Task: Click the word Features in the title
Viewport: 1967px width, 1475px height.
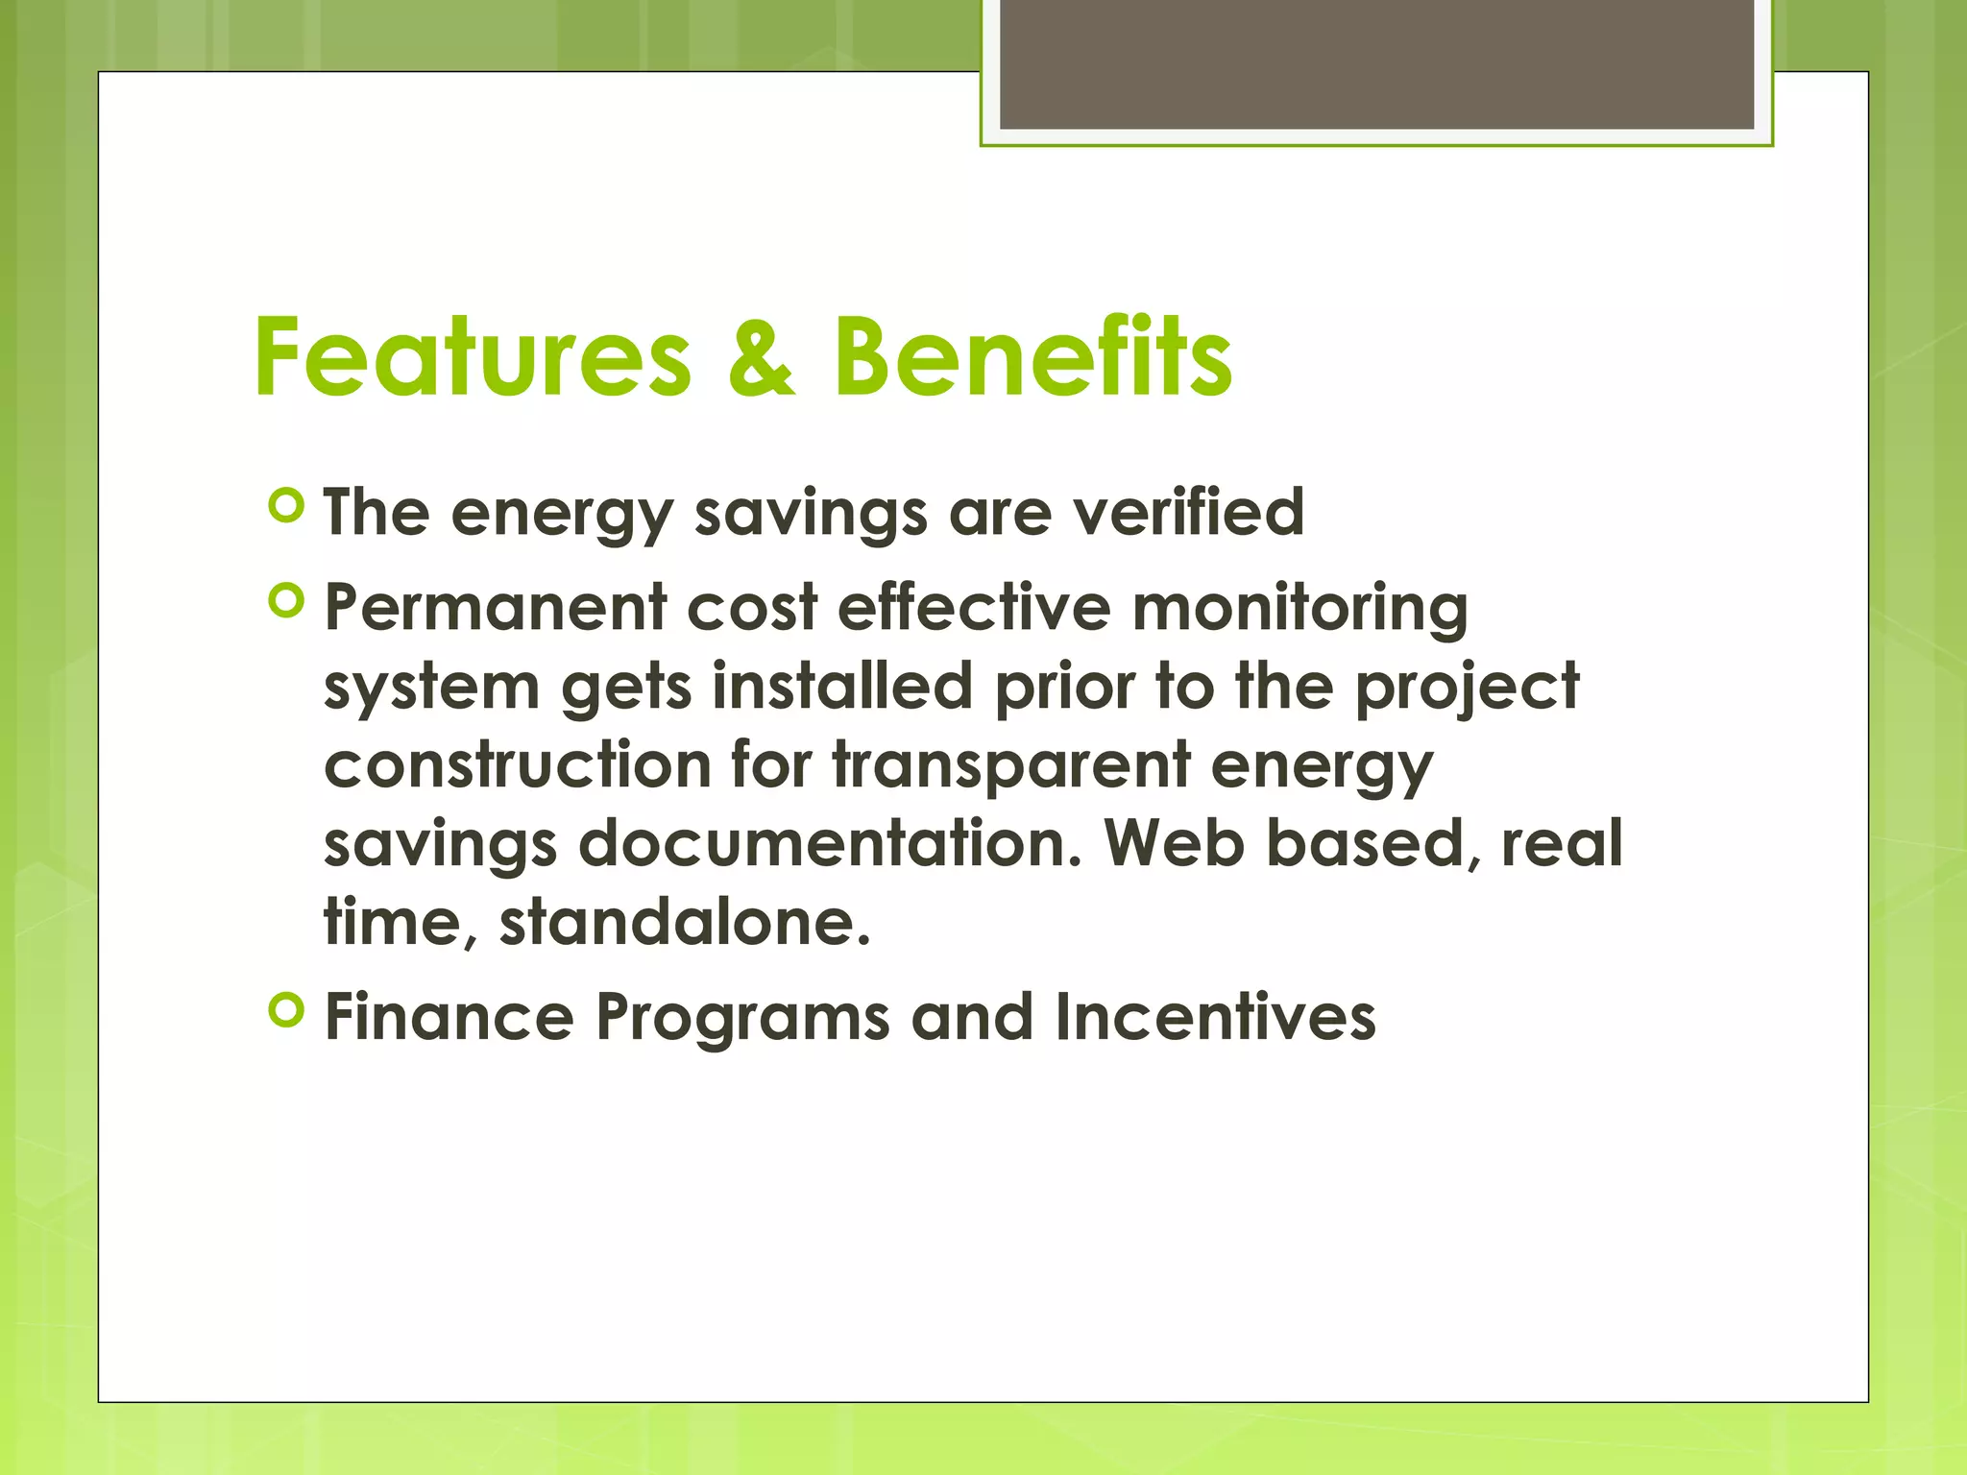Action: coord(472,357)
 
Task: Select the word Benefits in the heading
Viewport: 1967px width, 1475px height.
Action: coord(1032,357)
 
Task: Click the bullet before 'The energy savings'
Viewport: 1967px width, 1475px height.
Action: coord(287,505)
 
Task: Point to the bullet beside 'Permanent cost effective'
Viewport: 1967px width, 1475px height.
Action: coord(287,601)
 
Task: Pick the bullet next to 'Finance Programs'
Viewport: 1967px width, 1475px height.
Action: coord(287,1010)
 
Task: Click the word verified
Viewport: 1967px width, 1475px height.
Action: coord(1188,512)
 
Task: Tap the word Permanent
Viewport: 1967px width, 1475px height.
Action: coord(496,608)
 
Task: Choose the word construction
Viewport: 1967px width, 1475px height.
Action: coord(518,765)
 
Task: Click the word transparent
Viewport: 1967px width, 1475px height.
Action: coord(1011,767)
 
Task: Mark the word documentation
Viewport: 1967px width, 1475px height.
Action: coord(831,844)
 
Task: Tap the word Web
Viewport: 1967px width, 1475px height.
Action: coord(1174,844)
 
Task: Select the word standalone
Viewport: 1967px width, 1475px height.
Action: coord(685,923)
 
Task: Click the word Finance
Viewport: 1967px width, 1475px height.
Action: coord(449,1017)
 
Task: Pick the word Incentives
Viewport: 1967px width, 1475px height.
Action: coord(1215,1017)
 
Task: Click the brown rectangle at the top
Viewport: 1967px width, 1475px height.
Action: coord(1376,64)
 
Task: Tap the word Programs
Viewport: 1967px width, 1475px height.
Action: coord(742,1019)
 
